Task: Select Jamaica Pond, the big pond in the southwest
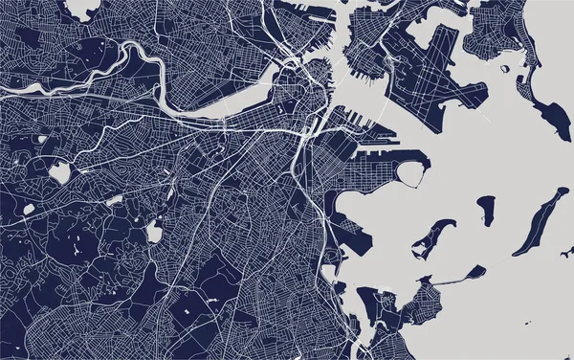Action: (152, 231)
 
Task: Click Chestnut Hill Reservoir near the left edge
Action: (59, 172)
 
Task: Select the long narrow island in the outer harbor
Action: (539, 221)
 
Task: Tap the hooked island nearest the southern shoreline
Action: (431, 236)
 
